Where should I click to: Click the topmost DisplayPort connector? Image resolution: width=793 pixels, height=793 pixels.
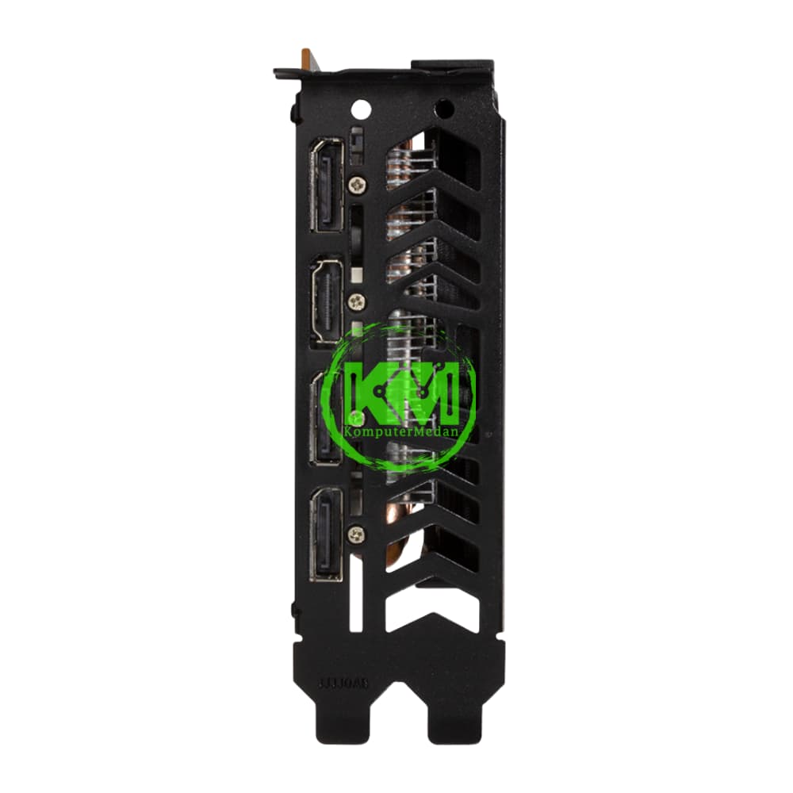[x=326, y=186]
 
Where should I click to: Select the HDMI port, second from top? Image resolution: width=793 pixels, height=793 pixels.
[x=326, y=301]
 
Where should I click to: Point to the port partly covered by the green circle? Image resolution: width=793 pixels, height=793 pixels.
[x=326, y=418]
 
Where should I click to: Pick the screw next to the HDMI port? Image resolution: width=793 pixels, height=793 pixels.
[x=357, y=301]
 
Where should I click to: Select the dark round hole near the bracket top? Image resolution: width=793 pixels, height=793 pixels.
[x=445, y=107]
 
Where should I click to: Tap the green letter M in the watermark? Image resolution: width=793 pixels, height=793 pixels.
[x=437, y=393]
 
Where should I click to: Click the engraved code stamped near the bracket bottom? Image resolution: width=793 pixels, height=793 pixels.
[x=343, y=681]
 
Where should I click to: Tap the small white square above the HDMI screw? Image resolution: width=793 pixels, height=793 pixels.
[x=358, y=272]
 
